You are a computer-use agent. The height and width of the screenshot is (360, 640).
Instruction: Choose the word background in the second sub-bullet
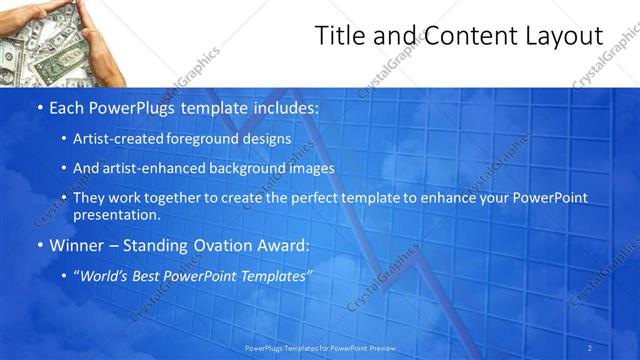(x=247, y=168)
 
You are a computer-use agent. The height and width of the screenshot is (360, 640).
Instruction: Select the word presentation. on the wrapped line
(x=117, y=214)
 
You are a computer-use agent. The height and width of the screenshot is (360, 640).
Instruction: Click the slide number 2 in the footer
(x=590, y=348)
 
